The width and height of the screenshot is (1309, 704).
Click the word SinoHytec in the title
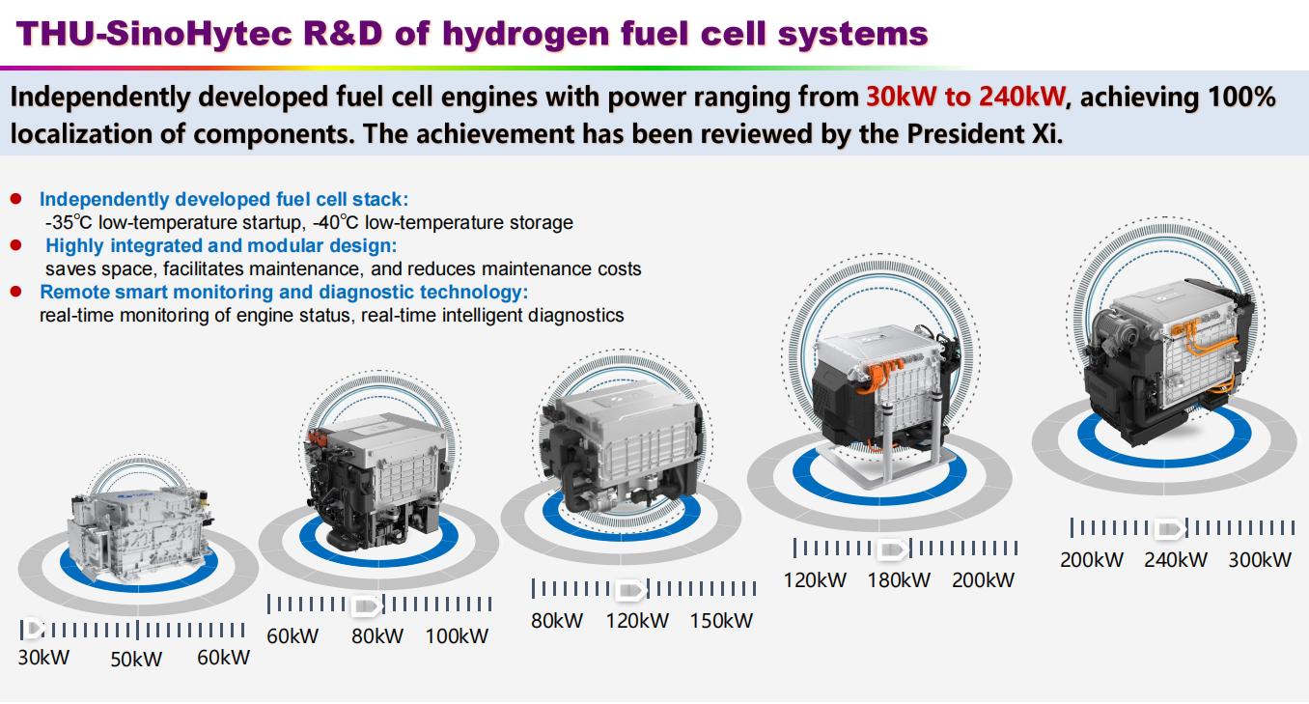(199, 34)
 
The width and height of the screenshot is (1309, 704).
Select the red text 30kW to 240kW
(966, 97)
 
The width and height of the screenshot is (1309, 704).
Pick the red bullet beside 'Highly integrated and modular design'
(15, 245)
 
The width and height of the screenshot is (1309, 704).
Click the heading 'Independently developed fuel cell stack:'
(224, 199)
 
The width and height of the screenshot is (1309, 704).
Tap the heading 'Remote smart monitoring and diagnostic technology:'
(284, 292)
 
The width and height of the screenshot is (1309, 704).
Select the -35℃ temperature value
(69, 223)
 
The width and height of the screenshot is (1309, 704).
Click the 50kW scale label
(136, 660)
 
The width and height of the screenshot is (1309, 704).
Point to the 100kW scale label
(457, 636)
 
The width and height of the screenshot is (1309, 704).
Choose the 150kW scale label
(721, 620)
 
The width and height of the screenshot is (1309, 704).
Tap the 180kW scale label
(899, 580)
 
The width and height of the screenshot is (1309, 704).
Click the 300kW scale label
(1260, 560)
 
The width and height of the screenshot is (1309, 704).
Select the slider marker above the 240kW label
(1170, 529)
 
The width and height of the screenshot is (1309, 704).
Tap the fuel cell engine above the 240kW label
(1168, 361)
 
